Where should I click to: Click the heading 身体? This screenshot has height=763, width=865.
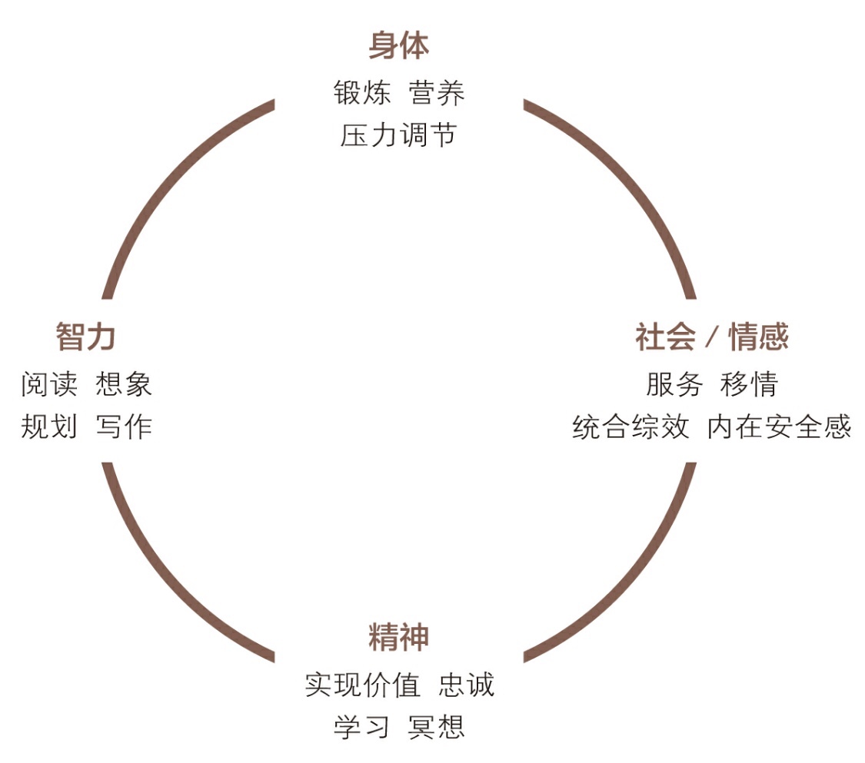398,46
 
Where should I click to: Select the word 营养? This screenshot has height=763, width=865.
437,94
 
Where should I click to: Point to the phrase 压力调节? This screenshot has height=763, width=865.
398,135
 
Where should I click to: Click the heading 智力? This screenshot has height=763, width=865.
85,337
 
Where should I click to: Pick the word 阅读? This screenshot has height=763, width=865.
49,384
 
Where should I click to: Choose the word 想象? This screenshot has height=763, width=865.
124,384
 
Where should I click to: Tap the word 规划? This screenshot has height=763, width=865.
49,426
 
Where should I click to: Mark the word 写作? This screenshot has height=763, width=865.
124,426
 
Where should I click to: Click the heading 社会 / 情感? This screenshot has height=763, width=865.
712,337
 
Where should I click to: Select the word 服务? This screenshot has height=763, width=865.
674,384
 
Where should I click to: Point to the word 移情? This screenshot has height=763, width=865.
749,384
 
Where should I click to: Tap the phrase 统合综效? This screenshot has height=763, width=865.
630,426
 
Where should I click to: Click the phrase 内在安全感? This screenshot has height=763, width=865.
779,426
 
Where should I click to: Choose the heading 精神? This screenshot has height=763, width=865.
398,638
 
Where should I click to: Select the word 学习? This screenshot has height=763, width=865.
362,726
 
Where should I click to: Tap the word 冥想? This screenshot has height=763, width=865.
437,726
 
